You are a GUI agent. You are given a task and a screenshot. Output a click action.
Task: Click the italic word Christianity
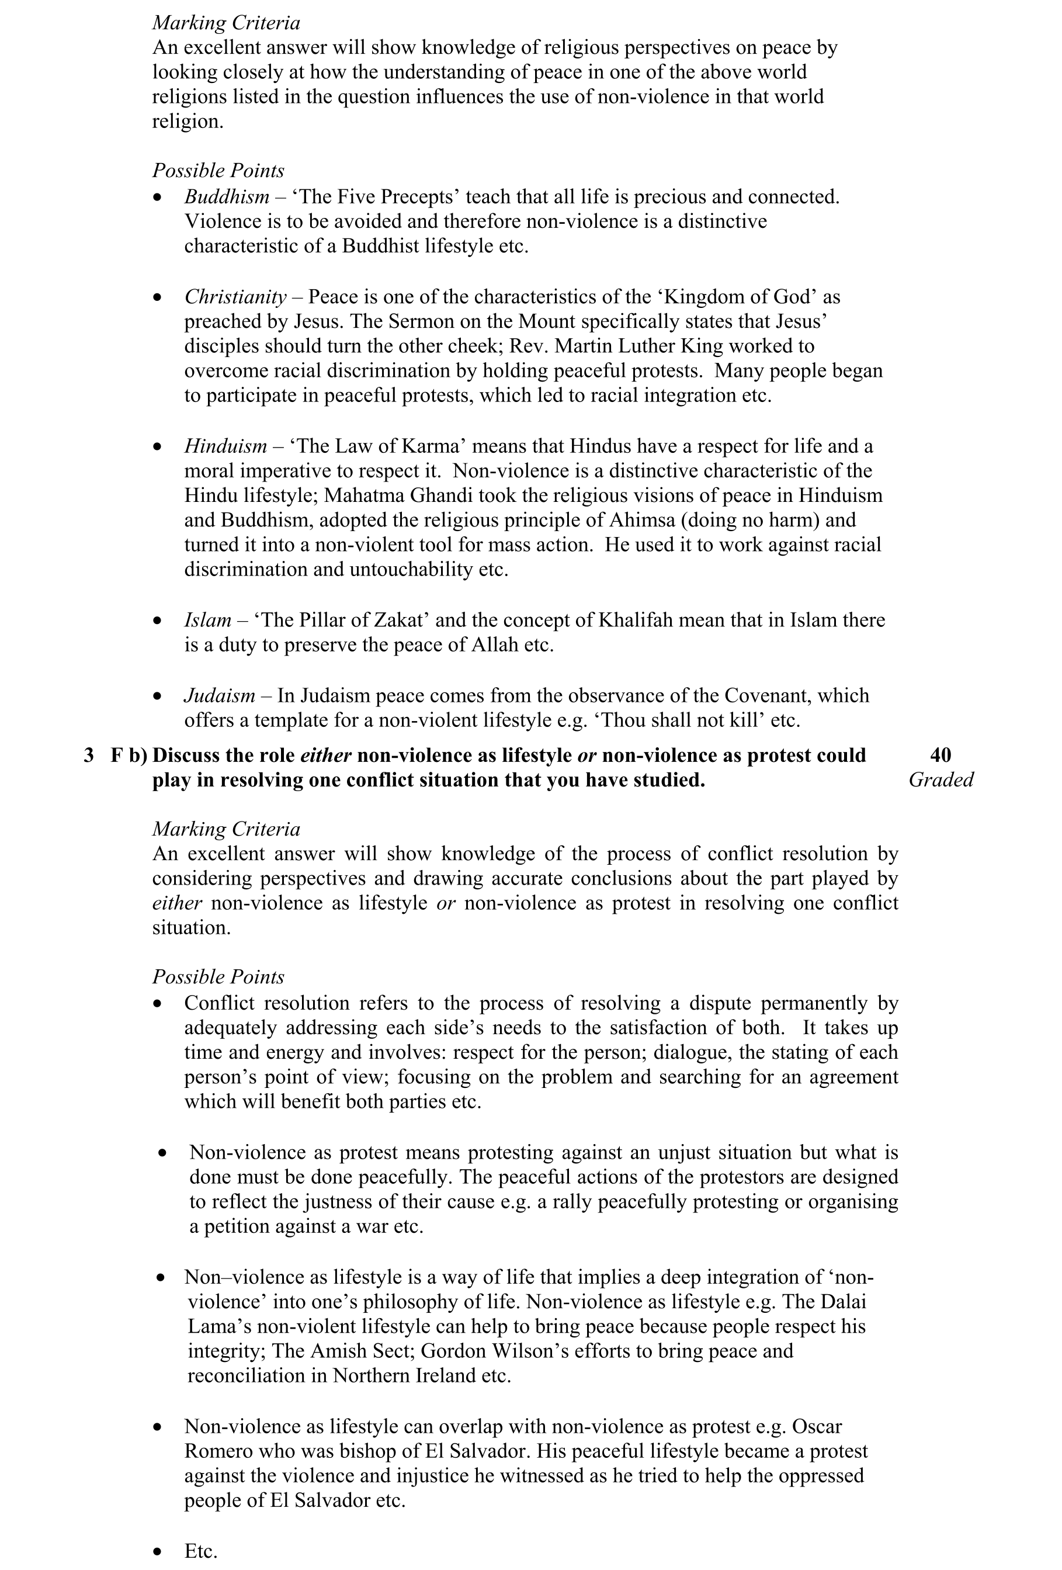click(x=235, y=297)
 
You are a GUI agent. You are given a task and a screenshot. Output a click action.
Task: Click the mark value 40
click(x=940, y=755)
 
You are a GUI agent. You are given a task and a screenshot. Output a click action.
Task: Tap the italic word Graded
click(x=940, y=780)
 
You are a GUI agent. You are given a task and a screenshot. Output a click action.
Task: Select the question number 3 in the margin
click(x=89, y=755)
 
